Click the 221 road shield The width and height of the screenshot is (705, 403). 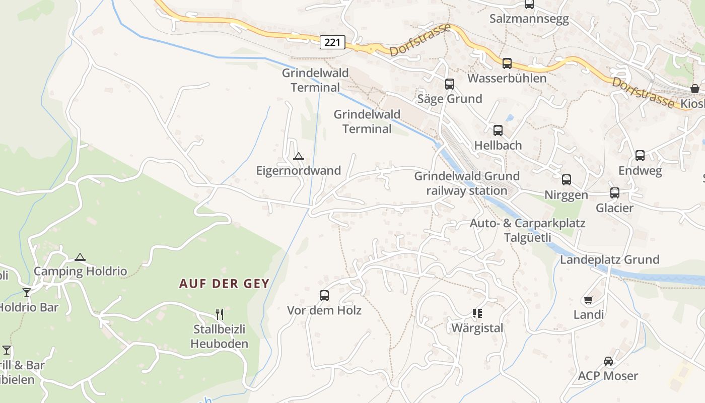point(332,42)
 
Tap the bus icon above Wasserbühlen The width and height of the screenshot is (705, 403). point(507,63)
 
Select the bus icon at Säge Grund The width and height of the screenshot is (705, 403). point(450,84)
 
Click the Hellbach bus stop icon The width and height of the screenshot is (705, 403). point(498,130)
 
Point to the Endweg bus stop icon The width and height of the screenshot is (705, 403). point(640,156)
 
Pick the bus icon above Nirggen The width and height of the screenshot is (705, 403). point(567,180)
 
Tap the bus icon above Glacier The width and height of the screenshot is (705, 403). point(615,193)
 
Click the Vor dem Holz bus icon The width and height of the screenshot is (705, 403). point(324,296)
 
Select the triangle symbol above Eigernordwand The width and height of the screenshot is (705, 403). point(299,157)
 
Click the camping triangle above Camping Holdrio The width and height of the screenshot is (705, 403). point(80,257)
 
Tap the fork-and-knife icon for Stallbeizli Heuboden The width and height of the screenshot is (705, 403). point(220,314)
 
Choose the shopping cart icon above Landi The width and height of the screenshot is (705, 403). point(588,300)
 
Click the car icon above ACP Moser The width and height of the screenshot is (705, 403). point(608,361)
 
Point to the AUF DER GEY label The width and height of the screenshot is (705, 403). point(225,284)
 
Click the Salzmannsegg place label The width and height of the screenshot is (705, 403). point(529,19)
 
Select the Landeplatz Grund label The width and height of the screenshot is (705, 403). point(610,260)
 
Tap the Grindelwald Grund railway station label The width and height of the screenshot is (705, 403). point(467,183)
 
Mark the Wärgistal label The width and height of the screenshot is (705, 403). point(477,328)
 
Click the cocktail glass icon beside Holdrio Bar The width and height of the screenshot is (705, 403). point(27,293)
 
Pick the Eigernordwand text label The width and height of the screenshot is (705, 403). point(299,171)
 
